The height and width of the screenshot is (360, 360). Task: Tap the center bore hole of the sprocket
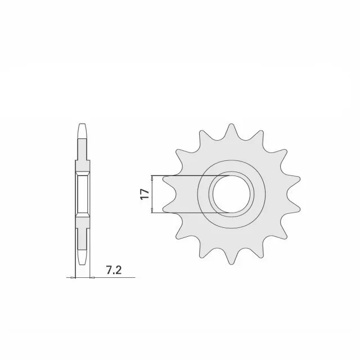coord(230,194)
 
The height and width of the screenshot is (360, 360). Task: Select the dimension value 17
coord(145,195)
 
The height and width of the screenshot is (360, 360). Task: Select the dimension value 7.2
coord(113,271)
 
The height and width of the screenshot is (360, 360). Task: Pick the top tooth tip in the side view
coord(83,127)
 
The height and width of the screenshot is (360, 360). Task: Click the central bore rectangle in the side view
coord(82,194)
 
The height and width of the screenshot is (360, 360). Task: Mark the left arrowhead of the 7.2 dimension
coord(74,277)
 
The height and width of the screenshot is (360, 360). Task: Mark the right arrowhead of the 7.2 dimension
coord(91,277)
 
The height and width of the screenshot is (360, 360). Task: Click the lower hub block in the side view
coord(82,221)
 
